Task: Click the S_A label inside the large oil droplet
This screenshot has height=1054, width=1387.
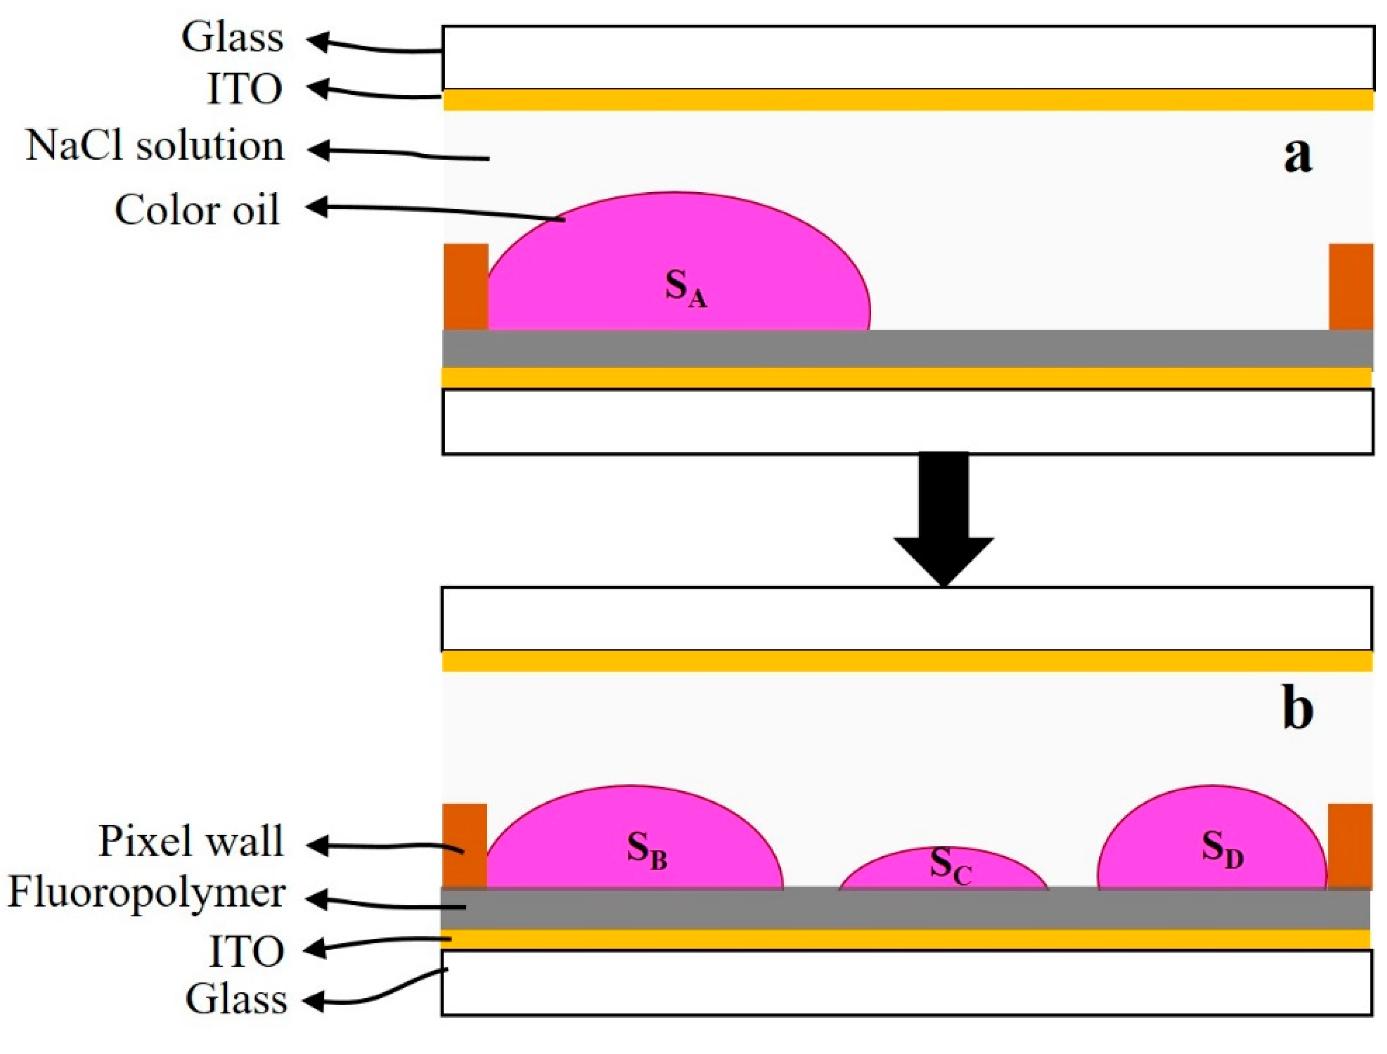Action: pyautogui.click(x=686, y=290)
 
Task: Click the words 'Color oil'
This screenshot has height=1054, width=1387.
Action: pyautogui.click(x=197, y=210)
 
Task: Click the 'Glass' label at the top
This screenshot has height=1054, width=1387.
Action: pyautogui.click(x=232, y=37)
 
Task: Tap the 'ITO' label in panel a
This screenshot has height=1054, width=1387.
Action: pyautogui.click(x=245, y=89)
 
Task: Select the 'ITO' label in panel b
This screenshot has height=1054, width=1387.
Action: pyautogui.click(x=246, y=952)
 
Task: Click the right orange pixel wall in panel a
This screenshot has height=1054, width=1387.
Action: pyautogui.click(x=1351, y=287)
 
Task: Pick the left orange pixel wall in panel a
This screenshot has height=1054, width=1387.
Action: pyautogui.click(x=466, y=287)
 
